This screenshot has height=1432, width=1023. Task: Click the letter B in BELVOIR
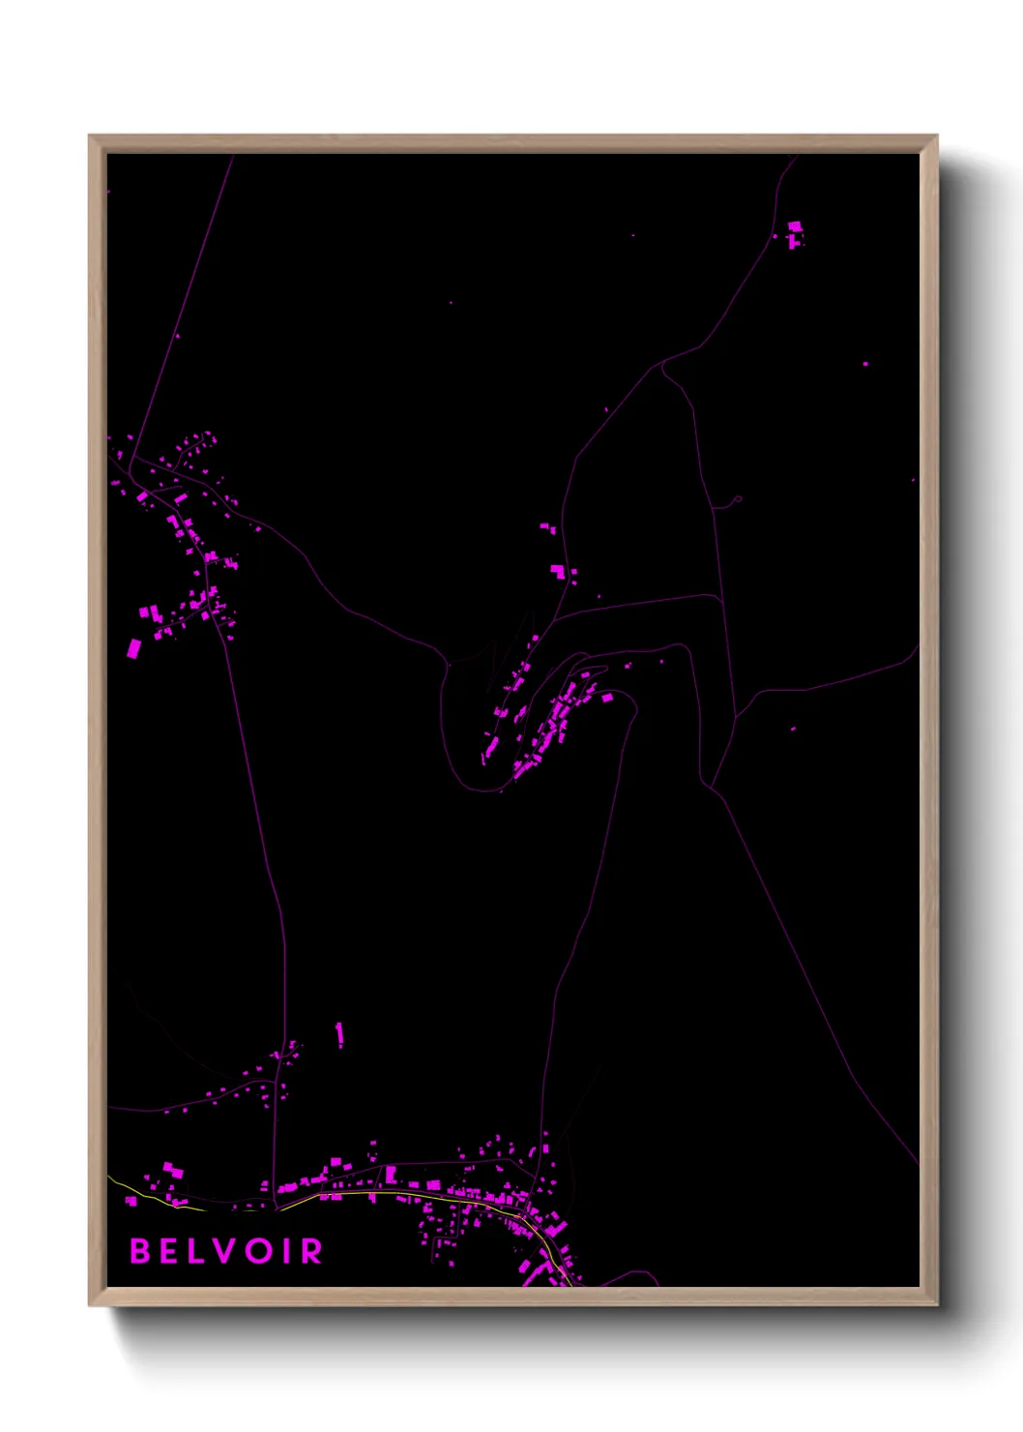(141, 1251)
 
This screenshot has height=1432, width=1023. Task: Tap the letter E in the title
(170, 1251)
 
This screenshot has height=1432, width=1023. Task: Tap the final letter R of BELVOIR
(311, 1251)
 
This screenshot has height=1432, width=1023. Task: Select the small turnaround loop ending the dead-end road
(738, 499)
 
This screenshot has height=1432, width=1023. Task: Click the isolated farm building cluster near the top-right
(795, 233)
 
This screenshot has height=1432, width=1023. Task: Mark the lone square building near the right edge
(865, 364)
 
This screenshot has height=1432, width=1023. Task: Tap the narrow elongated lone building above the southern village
(339, 1034)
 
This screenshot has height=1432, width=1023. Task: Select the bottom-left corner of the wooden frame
(91, 1303)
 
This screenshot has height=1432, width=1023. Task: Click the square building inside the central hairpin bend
(607, 697)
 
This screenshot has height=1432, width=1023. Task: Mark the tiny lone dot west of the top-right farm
(633, 235)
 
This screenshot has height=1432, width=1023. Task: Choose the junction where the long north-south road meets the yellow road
(277, 1208)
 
